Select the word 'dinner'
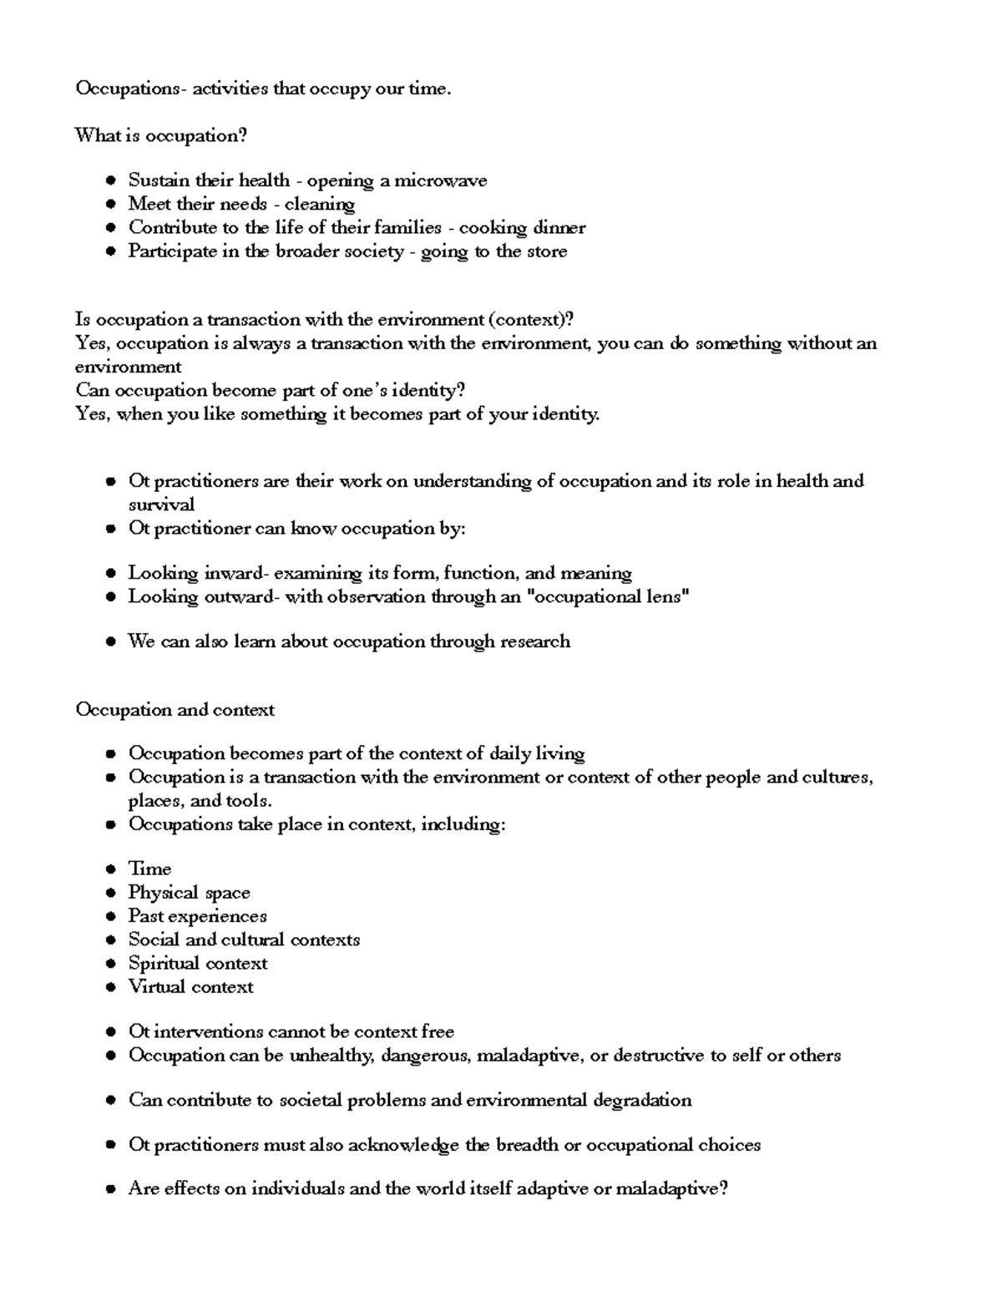(559, 228)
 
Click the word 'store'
(547, 251)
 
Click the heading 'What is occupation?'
(161, 135)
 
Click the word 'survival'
(161, 504)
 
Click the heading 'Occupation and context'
(175, 710)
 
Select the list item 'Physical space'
(189, 893)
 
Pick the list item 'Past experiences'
(197, 916)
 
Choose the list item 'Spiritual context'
(197, 964)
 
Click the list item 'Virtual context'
(190, 987)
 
